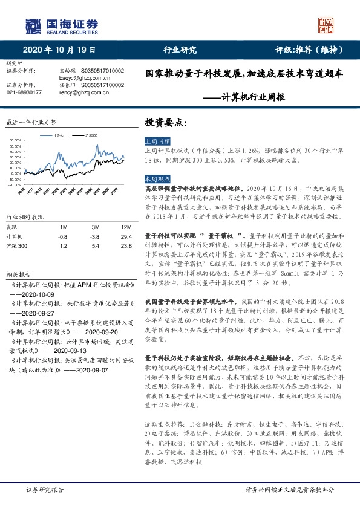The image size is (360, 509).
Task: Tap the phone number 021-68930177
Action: pyautogui.click(x=24, y=92)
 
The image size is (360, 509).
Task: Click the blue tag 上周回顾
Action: pyautogui.click(x=155, y=140)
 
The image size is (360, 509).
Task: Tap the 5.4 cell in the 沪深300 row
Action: pyautogui.click(x=95, y=247)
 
